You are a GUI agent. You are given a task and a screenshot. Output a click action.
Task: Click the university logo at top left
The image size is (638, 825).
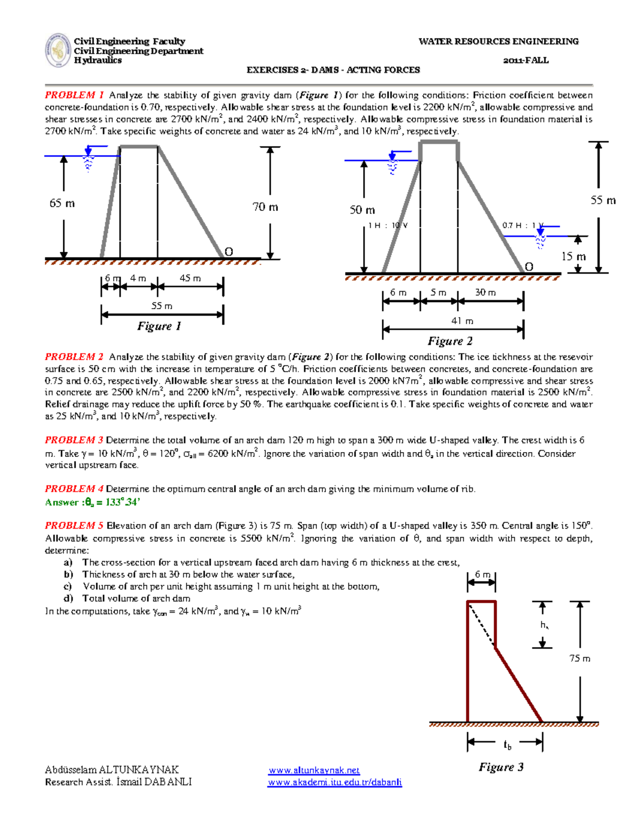pyautogui.click(x=58, y=50)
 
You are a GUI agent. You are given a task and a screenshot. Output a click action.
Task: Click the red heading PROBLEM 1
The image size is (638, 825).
pyautogui.click(x=74, y=95)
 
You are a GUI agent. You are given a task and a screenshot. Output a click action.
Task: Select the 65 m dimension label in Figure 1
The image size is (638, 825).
pyautogui.click(x=62, y=203)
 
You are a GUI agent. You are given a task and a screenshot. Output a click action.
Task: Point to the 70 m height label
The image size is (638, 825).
pyautogui.click(x=265, y=207)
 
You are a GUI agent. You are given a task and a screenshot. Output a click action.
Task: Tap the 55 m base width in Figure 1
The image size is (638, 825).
pyautogui.click(x=162, y=306)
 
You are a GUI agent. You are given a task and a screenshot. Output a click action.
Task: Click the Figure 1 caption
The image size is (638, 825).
pyautogui.click(x=159, y=326)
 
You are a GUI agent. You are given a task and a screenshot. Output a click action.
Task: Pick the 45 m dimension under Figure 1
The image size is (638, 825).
pyautogui.click(x=190, y=278)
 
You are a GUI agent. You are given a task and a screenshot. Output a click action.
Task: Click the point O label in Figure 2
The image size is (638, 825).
pyautogui.click(x=529, y=267)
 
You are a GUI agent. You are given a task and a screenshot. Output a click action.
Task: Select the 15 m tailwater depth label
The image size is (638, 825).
pyautogui.click(x=574, y=257)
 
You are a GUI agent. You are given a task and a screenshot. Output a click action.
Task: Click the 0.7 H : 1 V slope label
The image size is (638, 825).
pyautogui.click(x=523, y=225)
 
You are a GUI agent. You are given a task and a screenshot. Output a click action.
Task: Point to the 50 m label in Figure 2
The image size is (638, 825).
pyautogui.click(x=362, y=210)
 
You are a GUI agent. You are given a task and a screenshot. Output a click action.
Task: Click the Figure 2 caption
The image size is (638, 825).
pyautogui.click(x=450, y=341)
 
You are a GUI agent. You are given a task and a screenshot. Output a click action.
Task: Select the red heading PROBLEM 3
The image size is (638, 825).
pyautogui.click(x=74, y=440)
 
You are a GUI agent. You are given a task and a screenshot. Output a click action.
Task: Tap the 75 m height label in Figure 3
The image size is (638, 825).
pyautogui.click(x=580, y=658)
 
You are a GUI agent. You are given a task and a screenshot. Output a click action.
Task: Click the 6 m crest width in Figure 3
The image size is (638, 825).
pyautogui.click(x=482, y=574)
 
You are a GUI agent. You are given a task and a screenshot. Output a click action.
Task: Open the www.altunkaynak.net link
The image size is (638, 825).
pyautogui.click(x=314, y=770)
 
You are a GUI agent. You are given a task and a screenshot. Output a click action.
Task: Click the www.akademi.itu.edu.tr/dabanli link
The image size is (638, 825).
pyautogui.click(x=334, y=782)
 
